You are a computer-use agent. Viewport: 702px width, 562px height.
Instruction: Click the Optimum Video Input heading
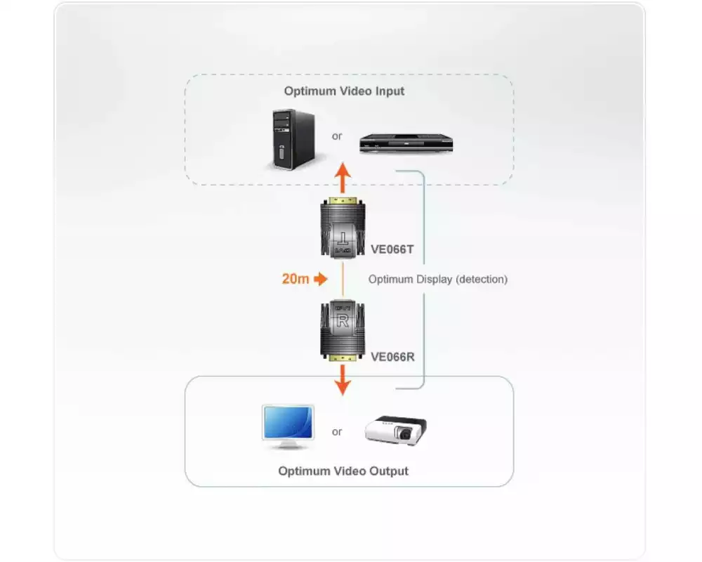344,91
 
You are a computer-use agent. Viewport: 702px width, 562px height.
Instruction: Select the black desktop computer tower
288,140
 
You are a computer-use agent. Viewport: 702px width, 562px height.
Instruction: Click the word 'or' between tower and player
337,136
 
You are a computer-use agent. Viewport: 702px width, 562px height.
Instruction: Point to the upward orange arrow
342,178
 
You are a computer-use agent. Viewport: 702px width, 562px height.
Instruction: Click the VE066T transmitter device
342,229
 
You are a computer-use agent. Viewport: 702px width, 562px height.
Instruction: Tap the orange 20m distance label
295,279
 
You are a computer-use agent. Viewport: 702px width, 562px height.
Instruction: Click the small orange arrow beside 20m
321,279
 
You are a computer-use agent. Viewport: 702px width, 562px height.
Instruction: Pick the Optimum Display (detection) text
438,279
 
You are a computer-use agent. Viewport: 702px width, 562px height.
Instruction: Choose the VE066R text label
392,356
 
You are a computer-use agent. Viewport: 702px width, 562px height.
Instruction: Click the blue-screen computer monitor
288,426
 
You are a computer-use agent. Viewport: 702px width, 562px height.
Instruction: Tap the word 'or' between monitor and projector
337,431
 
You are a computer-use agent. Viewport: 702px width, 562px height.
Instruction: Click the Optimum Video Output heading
343,471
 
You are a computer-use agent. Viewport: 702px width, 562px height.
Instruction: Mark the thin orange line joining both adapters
342,280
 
